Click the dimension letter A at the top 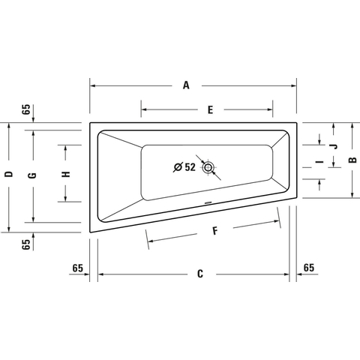click(186, 85)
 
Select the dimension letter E click(210, 109)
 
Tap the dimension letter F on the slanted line click(215, 231)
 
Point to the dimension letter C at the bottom click(200, 274)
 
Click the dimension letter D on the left click(9, 174)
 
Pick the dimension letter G click(32, 175)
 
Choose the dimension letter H click(66, 174)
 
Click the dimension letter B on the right click(352, 160)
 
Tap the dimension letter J click(334, 146)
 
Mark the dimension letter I click(319, 162)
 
